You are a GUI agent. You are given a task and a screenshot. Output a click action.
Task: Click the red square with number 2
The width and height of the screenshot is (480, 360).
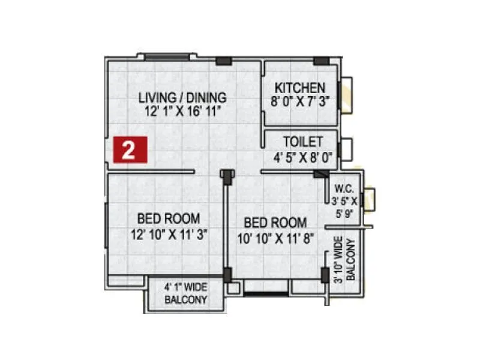tap(127, 149)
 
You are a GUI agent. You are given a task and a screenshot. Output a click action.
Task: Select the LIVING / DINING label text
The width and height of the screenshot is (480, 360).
tap(182, 97)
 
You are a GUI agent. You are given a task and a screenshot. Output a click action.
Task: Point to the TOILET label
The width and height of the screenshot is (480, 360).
tap(303, 142)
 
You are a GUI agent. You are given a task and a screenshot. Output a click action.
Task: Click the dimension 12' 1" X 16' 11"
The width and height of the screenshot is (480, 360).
tap(182, 111)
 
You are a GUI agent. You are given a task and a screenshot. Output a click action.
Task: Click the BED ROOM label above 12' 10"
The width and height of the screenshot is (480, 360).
tap(169, 219)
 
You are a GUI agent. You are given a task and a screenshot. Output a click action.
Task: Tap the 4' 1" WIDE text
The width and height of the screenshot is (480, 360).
tap(186, 287)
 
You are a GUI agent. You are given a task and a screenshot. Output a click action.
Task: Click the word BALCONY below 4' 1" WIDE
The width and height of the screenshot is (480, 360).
tap(186, 299)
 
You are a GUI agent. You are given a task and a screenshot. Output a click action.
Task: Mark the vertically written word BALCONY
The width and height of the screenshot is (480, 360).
tap(351, 260)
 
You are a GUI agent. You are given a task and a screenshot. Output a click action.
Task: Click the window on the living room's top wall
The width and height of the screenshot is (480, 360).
tap(167, 57)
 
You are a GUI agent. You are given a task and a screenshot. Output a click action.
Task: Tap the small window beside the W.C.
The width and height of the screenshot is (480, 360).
tap(369, 200)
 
